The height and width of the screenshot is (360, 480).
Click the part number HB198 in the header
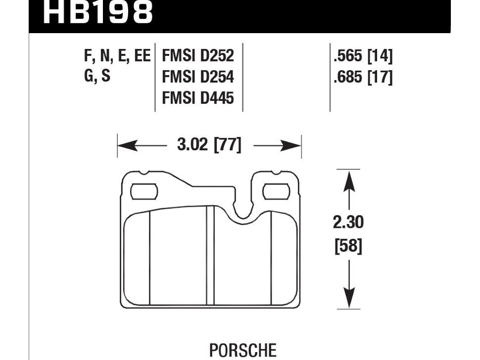coord(97,13)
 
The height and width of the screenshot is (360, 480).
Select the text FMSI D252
coord(197,56)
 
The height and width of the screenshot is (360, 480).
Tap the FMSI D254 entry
coord(197,78)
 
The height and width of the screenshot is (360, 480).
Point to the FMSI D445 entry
coord(197,99)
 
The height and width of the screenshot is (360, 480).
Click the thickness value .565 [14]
coord(363,56)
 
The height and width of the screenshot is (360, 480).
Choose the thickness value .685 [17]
coord(363,78)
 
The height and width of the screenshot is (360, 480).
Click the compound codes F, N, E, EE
coord(117,56)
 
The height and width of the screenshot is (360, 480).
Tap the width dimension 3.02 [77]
coord(209,146)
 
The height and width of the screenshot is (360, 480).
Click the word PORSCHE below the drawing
coord(243,351)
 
